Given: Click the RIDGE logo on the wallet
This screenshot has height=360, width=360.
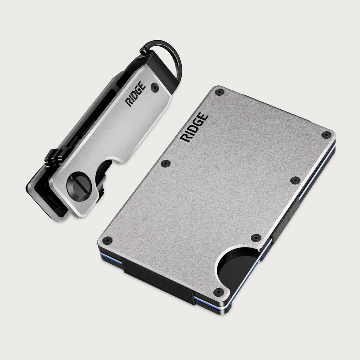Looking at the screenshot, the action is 194,127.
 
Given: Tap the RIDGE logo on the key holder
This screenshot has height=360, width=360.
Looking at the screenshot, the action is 136,94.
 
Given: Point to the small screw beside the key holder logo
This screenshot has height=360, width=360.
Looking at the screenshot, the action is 155,88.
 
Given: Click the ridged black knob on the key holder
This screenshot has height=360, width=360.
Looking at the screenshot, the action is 53,158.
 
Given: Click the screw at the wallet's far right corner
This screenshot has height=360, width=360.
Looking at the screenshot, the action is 326,135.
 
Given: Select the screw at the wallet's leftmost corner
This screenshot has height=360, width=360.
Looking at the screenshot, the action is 107,240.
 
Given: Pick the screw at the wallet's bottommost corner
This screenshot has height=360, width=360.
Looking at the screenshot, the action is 218,292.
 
